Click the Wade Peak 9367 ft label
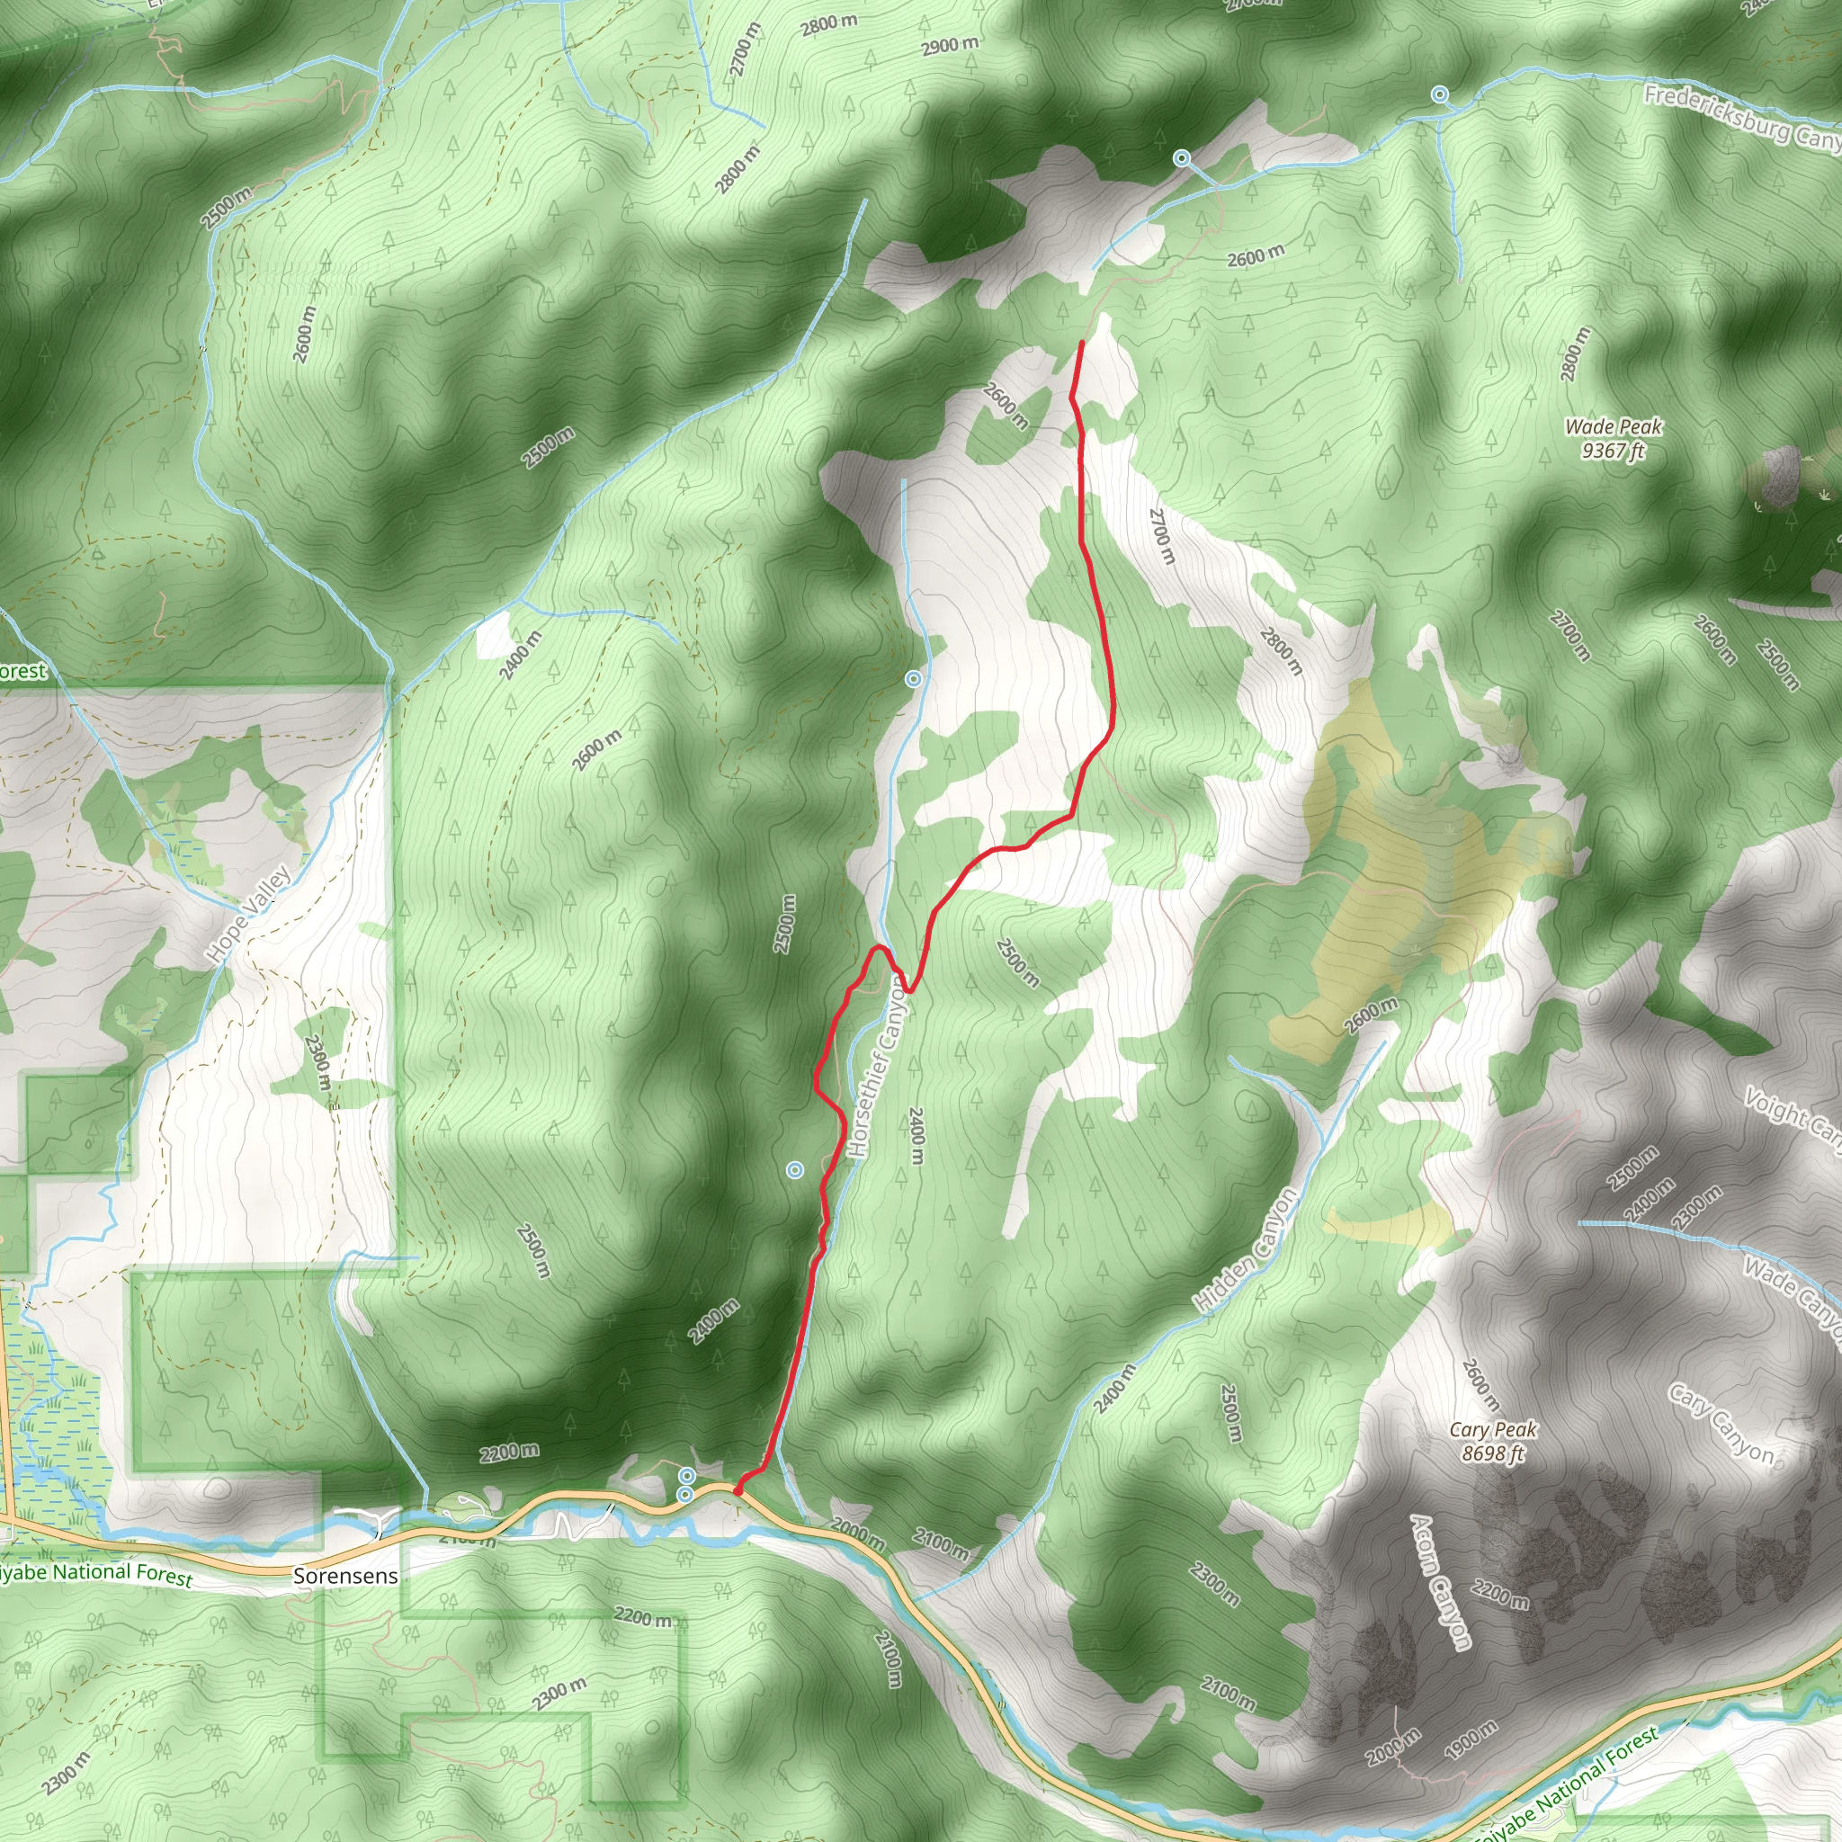point(1614,439)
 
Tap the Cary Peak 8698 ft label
point(1493,1441)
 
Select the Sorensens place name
point(345,1576)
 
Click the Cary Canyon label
point(1721,1425)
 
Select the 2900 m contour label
point(950,45)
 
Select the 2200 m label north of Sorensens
point(508,1452)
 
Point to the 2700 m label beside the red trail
point(1161,535)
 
